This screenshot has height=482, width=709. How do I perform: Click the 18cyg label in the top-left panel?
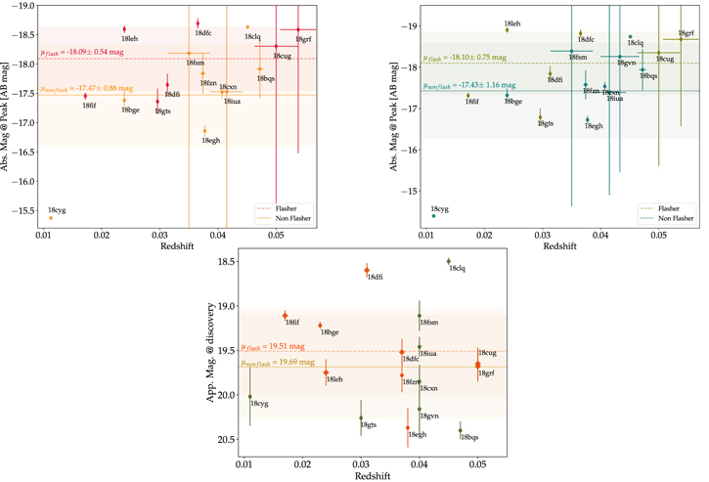[x=56, y=210]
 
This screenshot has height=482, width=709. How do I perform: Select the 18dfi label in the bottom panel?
[x=376, y=278]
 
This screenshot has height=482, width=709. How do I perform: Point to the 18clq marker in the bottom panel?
[x=448, y=261]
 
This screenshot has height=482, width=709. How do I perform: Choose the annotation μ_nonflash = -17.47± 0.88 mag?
[x=85, y=89]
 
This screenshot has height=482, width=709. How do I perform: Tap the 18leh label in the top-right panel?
[x=512, y=22]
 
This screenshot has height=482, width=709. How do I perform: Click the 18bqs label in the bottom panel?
[x=469, y=437]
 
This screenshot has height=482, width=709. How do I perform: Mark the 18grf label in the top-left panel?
[x=302, y=39]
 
